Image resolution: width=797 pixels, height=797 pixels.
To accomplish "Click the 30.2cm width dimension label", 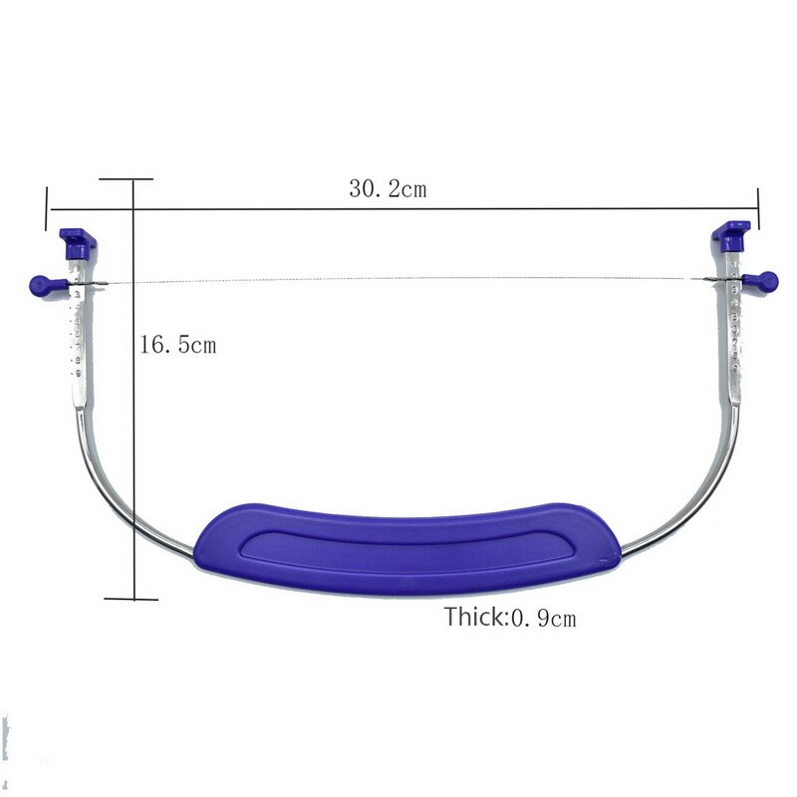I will (387, 189).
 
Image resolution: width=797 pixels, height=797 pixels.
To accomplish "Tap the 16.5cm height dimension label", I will (176, 346).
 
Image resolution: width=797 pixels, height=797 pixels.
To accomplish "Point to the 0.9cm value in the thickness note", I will (544, 618).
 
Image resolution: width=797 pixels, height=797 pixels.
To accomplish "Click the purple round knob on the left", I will (40, 284).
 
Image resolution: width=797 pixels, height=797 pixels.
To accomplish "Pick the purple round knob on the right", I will (768, 280).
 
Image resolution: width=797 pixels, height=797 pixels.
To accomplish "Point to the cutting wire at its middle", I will (398, 279).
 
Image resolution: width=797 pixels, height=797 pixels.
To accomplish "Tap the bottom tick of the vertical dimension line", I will (132, 599).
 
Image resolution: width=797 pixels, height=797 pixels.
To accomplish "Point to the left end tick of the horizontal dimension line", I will (48, 209).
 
